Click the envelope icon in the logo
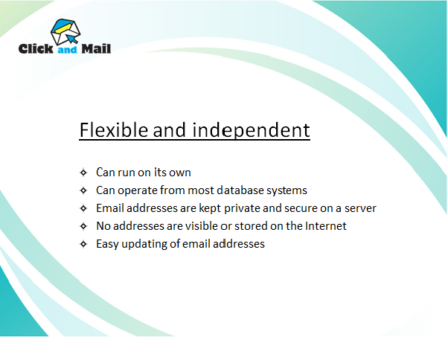coord(65,32)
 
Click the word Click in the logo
coord(36,49)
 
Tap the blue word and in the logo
coord(67,50)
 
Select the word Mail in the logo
coord(96,49)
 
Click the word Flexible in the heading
coord(114,130)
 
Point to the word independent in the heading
coord(251,131)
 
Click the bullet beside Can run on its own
coord(83,173)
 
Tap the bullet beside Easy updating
coord(83,244)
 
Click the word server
coord(360,208)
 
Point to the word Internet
coord(326,226)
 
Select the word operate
coord(138,190)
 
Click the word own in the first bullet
coord(180,173)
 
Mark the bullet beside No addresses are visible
coord(83,226)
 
